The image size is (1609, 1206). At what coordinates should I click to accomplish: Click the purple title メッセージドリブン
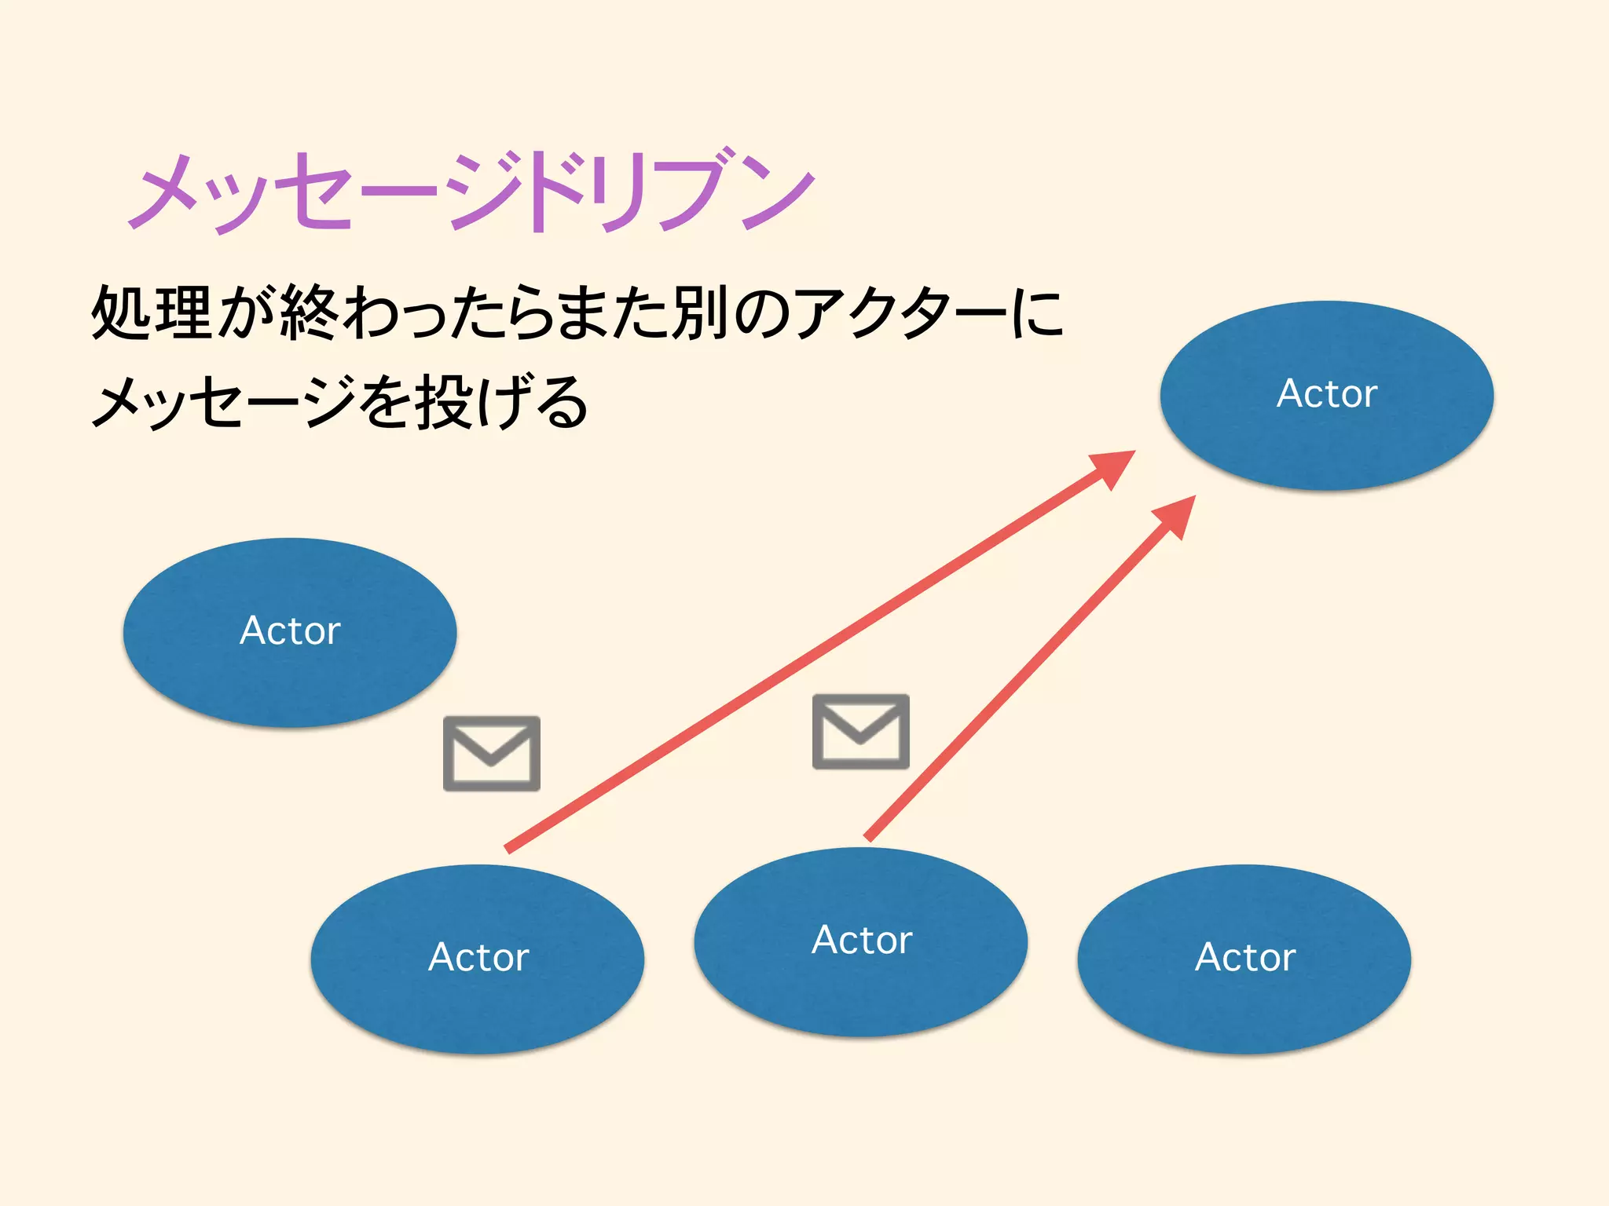[x=471, y=192]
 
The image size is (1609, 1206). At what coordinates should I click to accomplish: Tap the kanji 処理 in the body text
[x=152, y=312]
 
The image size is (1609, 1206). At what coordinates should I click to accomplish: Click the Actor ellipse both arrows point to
[x=1326, y=395]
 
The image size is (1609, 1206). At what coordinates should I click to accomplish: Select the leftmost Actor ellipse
[x=290, y=632]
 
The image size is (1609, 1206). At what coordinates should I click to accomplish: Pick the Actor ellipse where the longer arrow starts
[x=478, y=958]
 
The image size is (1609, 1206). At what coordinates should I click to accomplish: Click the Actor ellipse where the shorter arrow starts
[x=861, y=941]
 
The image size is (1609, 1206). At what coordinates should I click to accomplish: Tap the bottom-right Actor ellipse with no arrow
[x=1244, y=958]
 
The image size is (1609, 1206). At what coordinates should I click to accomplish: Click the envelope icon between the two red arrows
[x=861, y=731]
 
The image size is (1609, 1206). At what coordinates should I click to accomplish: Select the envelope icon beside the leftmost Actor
[x=492, y=753]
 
